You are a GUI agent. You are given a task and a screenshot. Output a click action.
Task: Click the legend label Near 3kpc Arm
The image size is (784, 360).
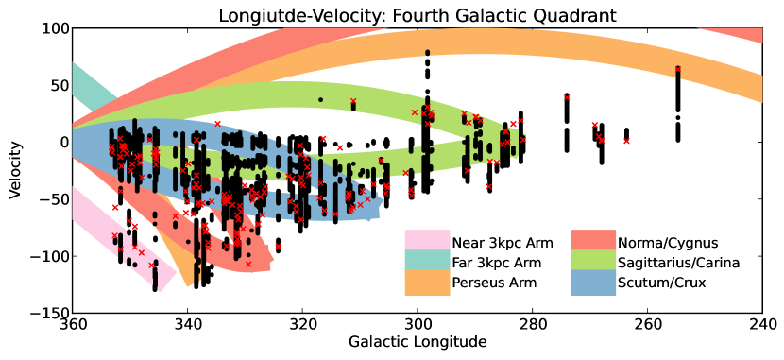pos(503,243)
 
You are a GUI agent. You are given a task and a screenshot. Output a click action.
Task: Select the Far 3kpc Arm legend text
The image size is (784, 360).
pos(497,263)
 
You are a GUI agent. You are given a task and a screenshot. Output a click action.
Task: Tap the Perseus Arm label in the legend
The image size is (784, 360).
pos(494,283)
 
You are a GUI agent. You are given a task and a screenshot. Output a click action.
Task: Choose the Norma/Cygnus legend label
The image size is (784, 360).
pos(668,243)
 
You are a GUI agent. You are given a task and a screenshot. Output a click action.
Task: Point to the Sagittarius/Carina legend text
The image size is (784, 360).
pos(678,263)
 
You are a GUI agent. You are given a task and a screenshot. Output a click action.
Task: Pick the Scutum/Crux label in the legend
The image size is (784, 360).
pos(661,283)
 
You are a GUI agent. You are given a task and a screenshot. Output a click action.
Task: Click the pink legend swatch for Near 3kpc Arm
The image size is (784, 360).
pos(427,243)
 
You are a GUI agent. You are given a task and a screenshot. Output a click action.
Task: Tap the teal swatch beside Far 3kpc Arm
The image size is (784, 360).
pos(427,263)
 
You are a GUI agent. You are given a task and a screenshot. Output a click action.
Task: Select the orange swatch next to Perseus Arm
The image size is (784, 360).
pos(427,283)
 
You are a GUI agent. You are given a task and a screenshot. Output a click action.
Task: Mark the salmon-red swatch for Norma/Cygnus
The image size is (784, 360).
pos(593,243)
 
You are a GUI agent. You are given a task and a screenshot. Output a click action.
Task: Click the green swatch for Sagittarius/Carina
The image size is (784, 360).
pos(593,263)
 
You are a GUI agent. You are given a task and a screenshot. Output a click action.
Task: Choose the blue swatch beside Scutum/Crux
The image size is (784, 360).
pos(593,283)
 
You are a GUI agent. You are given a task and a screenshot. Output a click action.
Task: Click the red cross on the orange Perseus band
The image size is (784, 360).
pos(677,69)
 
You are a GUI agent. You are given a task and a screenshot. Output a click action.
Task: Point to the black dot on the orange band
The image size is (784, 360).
pos(427,53)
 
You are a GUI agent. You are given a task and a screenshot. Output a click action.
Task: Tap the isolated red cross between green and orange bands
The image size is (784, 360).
pos(567,97)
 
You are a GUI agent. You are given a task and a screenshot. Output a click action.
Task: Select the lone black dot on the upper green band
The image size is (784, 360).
pos(320,99)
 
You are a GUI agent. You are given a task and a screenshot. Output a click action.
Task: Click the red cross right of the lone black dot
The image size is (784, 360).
pos(353,101)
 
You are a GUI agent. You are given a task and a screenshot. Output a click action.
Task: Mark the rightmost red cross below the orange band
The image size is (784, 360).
pos(626,141)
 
